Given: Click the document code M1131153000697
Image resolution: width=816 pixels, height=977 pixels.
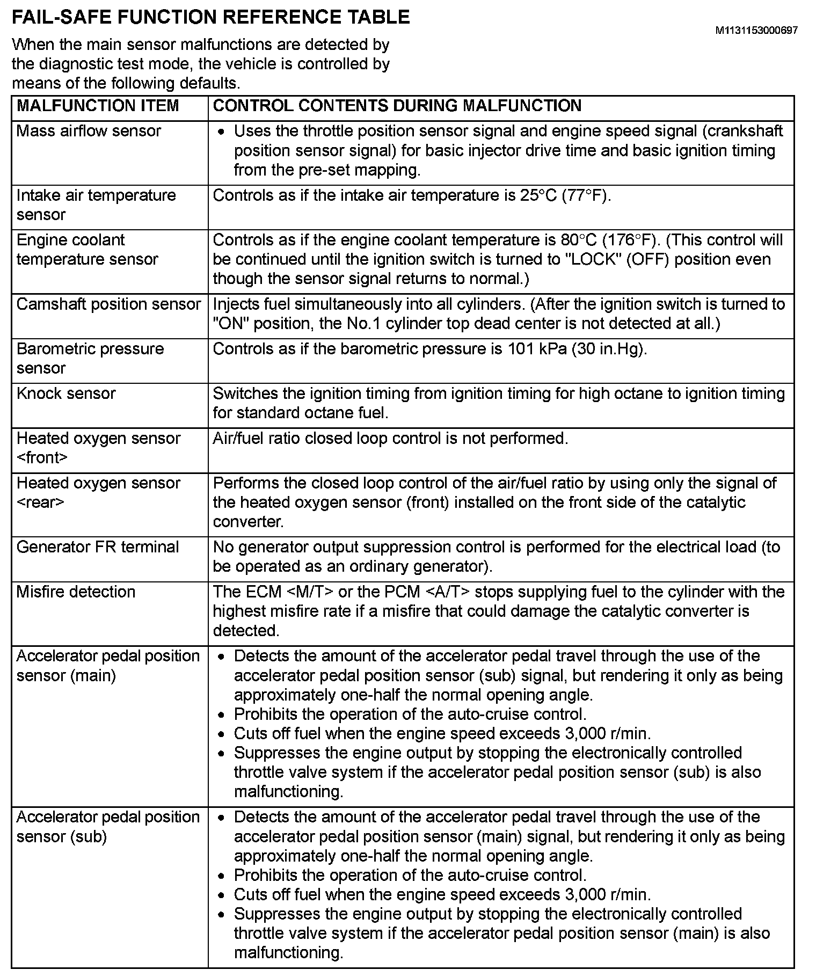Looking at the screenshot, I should pyautogui.click(x=756, y=31).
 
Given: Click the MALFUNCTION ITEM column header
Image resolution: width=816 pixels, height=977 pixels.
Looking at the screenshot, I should pyautogui.click(x=98, y=106).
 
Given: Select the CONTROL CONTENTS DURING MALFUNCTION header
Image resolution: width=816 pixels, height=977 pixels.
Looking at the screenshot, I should pyautogui.click(x=397, y=106).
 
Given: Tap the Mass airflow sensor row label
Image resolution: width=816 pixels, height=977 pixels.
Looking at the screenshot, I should pyautogui.click(x=89, y=131).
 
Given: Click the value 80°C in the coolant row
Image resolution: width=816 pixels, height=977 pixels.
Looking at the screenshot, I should pyautogui.click(x=577, y=240).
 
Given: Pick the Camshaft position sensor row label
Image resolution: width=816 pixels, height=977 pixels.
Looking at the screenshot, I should pyautogui.click(x=108, y=304).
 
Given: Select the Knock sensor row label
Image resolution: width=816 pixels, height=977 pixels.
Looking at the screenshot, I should pyautogui.click(x=66, y=393).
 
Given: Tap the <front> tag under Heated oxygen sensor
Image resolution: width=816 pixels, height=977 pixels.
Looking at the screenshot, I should pyautogui.click(x=42, y=458).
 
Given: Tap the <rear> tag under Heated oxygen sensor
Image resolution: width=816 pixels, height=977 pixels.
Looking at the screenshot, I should pyautogui.click(x=40, y=502).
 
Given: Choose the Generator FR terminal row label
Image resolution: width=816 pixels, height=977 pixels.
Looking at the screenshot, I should pyautogui.click(x=98, y=548).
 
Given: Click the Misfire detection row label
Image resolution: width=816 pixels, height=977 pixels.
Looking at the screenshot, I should pyautogui.click(x=76, y=592).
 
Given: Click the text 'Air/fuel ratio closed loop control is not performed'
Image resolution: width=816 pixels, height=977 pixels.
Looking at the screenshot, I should pyautogui.click(x=390, y=439).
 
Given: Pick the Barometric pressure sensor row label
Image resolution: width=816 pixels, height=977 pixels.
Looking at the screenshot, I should pyautogui.click(x=90, y=359).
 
